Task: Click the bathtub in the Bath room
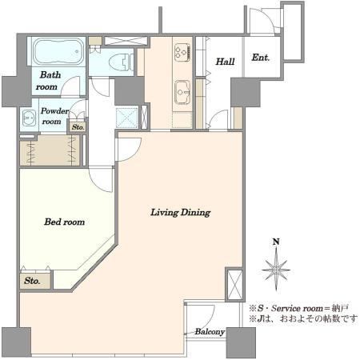(58, 52)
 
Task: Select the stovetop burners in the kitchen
(182, 52)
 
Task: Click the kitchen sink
(182, 92)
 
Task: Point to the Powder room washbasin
(29, 117)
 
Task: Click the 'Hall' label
(225, 62)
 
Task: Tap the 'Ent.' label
(261, 58)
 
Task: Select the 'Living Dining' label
(181, 213)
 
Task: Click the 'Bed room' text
(65, 222)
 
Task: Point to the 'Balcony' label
(210, 332)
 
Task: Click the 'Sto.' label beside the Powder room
(78, 127)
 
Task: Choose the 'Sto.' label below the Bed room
(32, 281)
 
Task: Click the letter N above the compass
(276, 242)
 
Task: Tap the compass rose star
(276, 270)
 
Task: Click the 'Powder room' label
(54, 116)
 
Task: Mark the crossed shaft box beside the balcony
(234, 285)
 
